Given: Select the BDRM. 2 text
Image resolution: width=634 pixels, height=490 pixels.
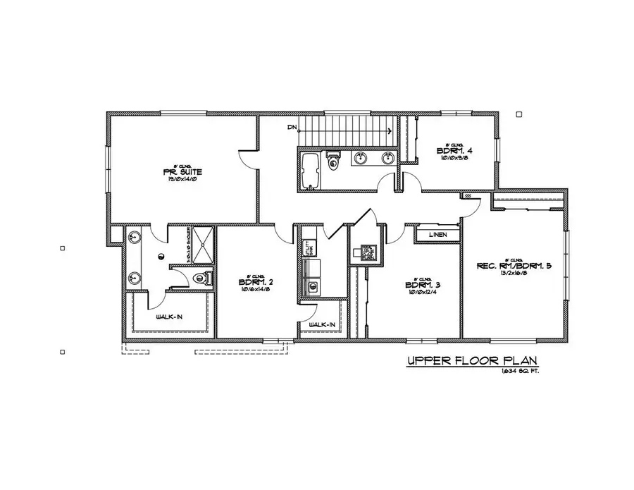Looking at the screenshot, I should pos(256,281).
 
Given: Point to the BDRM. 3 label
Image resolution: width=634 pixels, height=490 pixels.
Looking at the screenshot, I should pos(422,285).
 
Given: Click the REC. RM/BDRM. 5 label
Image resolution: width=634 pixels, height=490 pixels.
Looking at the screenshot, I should pos(514,266).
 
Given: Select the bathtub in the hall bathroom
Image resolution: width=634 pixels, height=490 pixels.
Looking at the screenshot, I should pos(311,171).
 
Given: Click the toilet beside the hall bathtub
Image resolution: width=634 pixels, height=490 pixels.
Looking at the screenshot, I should pos(334,161).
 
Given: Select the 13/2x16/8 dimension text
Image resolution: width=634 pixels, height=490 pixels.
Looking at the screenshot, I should pos(514,274).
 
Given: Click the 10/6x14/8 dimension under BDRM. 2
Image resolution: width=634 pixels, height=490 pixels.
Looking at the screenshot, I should pos(256,290).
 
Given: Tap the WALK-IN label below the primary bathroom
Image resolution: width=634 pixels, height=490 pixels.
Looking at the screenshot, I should pos(169,317).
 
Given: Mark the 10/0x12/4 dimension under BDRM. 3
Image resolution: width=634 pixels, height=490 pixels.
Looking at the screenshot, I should pos(422,293).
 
